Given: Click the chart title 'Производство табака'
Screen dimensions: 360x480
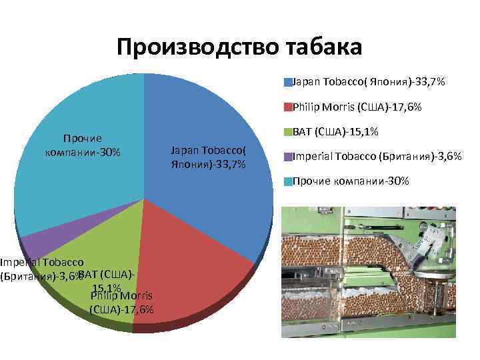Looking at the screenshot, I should (x=239, y=47).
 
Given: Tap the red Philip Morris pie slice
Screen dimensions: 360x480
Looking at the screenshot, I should (x=193, y=267).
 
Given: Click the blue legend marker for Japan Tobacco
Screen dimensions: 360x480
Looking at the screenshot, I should (x=288, y=82).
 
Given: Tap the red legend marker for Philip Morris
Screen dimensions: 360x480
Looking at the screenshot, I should (x=288, y=107).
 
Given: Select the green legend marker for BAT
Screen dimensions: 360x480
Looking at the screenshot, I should (x=288, y=131).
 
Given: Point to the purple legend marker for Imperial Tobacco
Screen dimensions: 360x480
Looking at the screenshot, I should (x=288, y=157).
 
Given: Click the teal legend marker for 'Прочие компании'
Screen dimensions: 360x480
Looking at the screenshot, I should (x=288, y=181).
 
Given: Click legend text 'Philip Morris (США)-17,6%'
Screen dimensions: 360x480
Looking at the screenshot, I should (x=357, y=107).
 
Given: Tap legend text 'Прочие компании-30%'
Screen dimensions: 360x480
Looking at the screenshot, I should (x=351, y=181).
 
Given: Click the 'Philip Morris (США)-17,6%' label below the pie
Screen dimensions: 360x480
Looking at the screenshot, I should (x=121, y=302).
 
